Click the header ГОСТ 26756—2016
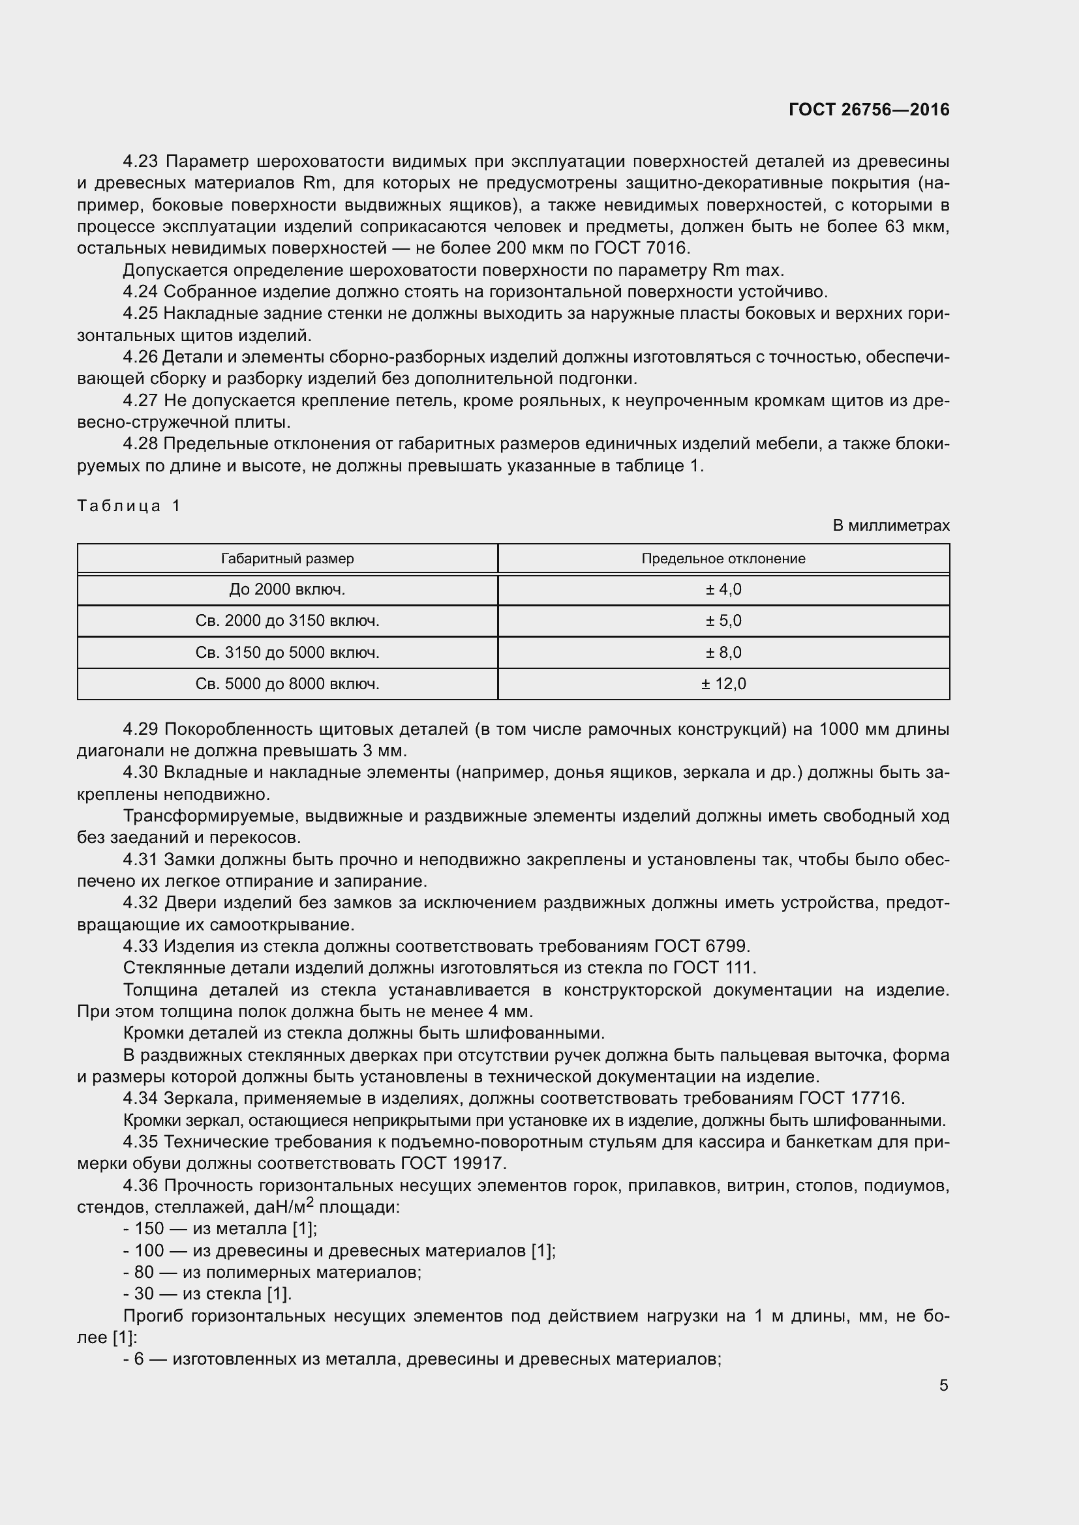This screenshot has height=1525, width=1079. point(869,110)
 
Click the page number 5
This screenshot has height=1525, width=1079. point(943,1385)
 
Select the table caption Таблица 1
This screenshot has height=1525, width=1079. point(129,506)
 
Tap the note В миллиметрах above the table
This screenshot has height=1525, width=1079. point(891,526)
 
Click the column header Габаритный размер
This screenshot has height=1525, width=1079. point(287,559)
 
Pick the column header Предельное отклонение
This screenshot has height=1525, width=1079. point(723,559)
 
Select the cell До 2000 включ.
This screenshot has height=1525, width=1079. point(287,590)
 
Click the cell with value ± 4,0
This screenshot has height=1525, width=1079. point(723,590)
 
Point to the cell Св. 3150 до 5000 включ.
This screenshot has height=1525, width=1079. point(287,653)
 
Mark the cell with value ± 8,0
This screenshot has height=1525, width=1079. point(723,653)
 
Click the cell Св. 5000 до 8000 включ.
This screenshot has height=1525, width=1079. point(287,684)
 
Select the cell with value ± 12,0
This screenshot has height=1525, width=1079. point(723,684)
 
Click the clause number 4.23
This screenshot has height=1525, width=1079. point(140,162)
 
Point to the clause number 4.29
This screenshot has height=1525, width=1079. point(140,730)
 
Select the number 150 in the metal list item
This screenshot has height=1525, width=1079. point(149,1229)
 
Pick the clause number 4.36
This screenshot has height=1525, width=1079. point(140,1185)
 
